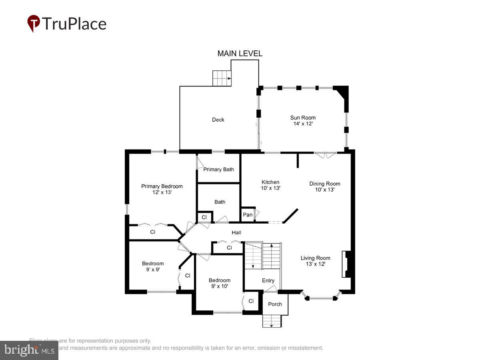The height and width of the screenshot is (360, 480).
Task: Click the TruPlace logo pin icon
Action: [34, 24]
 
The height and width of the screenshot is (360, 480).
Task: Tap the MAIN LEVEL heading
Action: [240, 54]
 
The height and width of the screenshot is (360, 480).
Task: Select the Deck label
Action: [218, 120]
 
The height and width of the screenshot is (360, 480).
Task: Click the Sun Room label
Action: [303, 120]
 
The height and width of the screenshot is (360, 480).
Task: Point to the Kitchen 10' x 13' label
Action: [270, 185]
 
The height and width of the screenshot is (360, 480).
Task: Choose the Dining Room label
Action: [324, 186]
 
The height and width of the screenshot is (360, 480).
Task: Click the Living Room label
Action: [316, 261]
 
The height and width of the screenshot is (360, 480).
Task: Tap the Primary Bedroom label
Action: [162, 189]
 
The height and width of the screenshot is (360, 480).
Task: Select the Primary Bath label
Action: [218, 169]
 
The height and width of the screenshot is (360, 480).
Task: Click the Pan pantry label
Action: [248, 215]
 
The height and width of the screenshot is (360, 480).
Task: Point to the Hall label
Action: [236, 232]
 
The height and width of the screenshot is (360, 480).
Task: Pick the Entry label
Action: [268, 280]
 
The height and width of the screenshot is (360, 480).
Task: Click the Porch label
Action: [275, 304]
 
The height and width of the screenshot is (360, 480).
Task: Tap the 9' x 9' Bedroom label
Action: [153, 266]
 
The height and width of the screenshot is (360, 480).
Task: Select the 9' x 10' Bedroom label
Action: [219, 283]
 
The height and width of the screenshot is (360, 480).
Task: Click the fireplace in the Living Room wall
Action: [346, 264]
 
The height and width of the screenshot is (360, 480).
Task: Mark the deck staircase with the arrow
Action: [222, 78]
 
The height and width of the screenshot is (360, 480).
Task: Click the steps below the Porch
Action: [272, 321]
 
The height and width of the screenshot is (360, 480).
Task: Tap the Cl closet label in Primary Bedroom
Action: [152, 232]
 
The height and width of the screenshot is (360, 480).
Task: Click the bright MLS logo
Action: [29, 350]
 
